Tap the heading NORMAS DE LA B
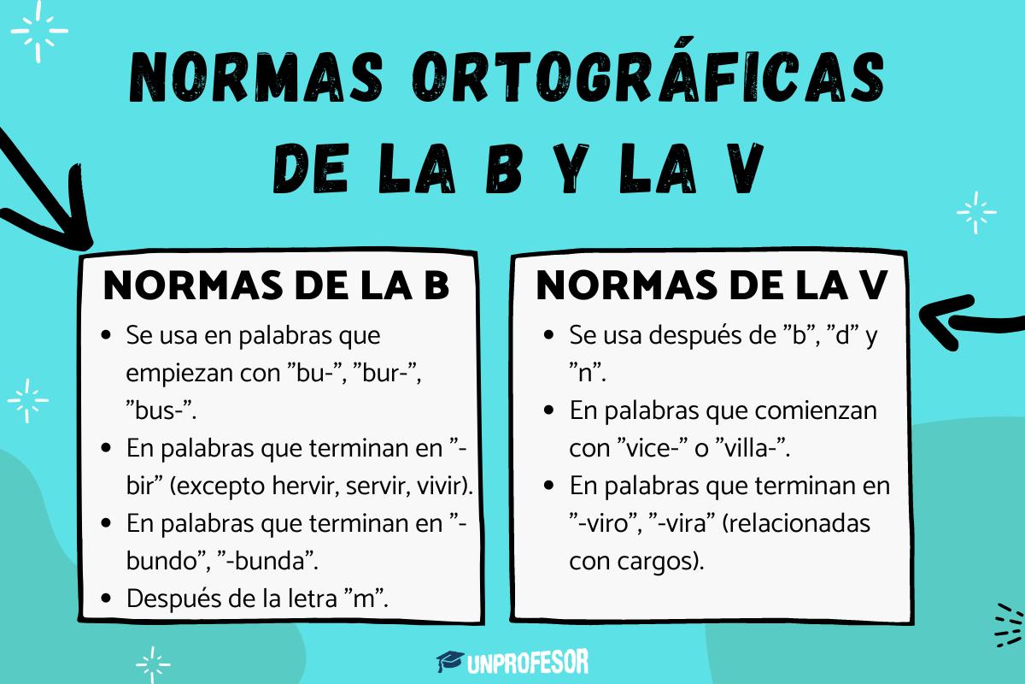click(276, 286)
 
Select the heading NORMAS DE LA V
click(712, 286)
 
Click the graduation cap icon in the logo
click(450, 661)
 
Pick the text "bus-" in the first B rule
click(160, 410)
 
